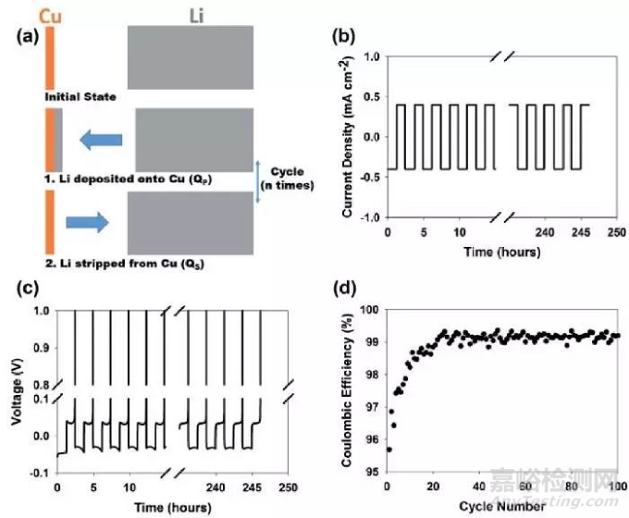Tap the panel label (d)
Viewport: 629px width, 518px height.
point(346,288)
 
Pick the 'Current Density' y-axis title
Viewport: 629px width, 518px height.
point(347,137)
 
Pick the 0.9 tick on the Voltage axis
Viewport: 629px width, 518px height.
point(41,345)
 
